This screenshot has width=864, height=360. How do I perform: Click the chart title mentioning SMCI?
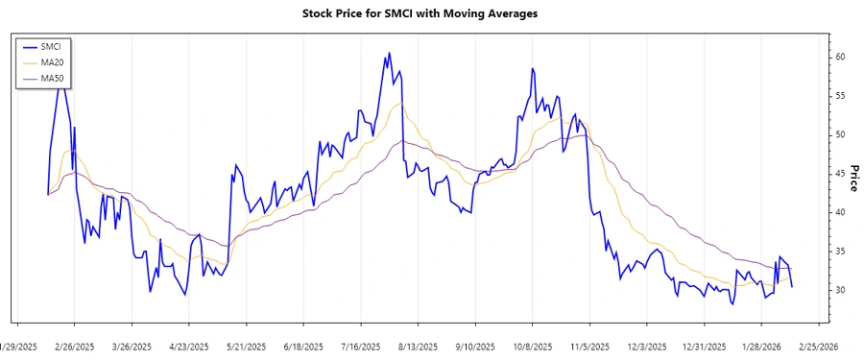click(420, 13)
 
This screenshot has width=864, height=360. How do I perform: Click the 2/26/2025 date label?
click(74, 347)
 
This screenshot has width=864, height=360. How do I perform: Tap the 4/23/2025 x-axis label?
click(189, 347)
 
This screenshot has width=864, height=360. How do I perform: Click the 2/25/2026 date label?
click(818, 347)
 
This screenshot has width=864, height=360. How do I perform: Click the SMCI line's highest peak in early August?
click(389, 53)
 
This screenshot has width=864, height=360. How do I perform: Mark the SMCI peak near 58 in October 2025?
click(531, 68)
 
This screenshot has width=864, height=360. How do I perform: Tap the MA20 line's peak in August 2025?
click(401, 104)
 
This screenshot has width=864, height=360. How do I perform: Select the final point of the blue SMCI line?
click(792, 287)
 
